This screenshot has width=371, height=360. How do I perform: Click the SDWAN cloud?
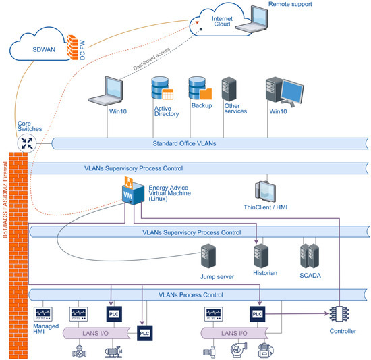(40, 49)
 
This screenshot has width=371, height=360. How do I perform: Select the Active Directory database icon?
(162, 90)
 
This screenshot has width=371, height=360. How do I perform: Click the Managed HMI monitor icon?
(44, 314)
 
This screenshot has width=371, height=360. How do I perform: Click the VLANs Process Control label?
(190, 294)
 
